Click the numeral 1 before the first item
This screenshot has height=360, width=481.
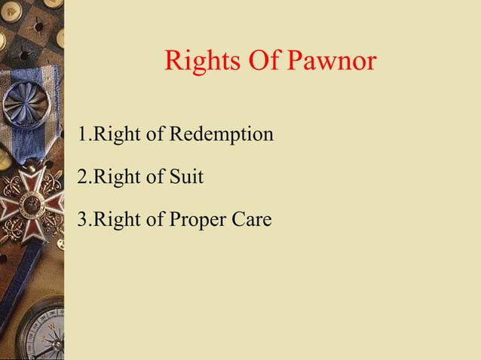point(81,136)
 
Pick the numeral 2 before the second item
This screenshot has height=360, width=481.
point(81,178)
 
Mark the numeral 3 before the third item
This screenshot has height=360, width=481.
point(81,220)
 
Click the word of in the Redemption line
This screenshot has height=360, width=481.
point(155,136)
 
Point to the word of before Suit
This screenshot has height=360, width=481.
point(155,178)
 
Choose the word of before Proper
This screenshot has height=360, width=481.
point(155,220)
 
